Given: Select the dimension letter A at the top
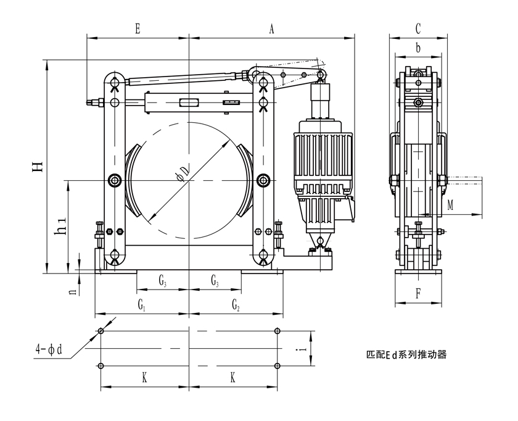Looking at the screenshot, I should pyautogui.click(x=271, y=28).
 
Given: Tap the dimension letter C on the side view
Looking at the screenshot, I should pyautogui.click(x=417, y=28).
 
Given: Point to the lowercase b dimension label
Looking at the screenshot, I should pyautogui.click(x=417, y=48).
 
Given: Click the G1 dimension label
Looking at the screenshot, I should pyautogui.click(x=141, y=304).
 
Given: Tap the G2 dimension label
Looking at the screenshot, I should pyautogui.click(x=235, y=304).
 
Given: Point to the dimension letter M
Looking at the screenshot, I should pyautogui.click(x=451, y=206).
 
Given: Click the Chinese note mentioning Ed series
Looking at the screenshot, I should pyautogui.click(x=406, y=355).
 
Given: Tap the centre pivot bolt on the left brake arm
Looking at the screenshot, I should pyautogui.click(x=114, y=180).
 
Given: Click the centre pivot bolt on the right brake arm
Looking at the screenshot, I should pyautogui.click(x=263, y=180).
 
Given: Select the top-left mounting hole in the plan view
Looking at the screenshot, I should pyautogui.click(x=101, y=331).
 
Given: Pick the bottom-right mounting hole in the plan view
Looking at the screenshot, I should pyautogui.click(x=277, y=366).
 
